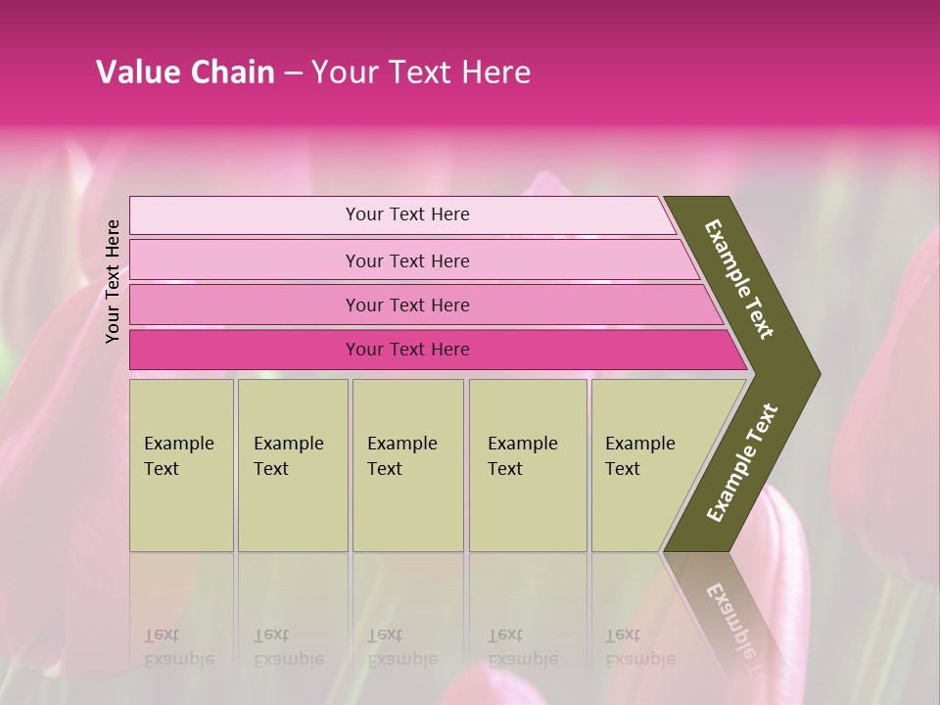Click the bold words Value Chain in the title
click(185, 72)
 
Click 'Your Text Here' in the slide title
click(421, 72)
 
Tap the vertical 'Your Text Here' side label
click(113, 281)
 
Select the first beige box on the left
click(181, 509)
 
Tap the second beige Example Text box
click(292, 509)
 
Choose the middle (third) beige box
click(407, 509)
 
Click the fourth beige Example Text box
click(528, 509)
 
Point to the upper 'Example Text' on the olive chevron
click(739, 279)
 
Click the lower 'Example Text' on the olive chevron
click(742, 462)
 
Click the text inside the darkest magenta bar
click(407, 350)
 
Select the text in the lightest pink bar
click(407, 214)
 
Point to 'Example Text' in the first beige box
click(178, 455)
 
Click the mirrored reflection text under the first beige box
click(178, 647)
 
